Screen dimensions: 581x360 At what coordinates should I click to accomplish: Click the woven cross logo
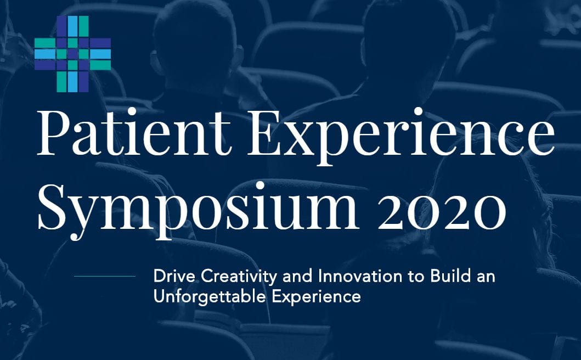click(x=72, y=54)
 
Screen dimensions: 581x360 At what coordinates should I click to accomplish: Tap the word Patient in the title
click(x=134, y=133)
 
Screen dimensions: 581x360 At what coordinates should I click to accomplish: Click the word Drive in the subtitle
click(x=174, y=277)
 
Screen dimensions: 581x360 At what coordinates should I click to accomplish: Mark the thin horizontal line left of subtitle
click(x=105, y=276)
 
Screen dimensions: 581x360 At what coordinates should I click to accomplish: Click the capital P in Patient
click(x=54, y=133)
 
